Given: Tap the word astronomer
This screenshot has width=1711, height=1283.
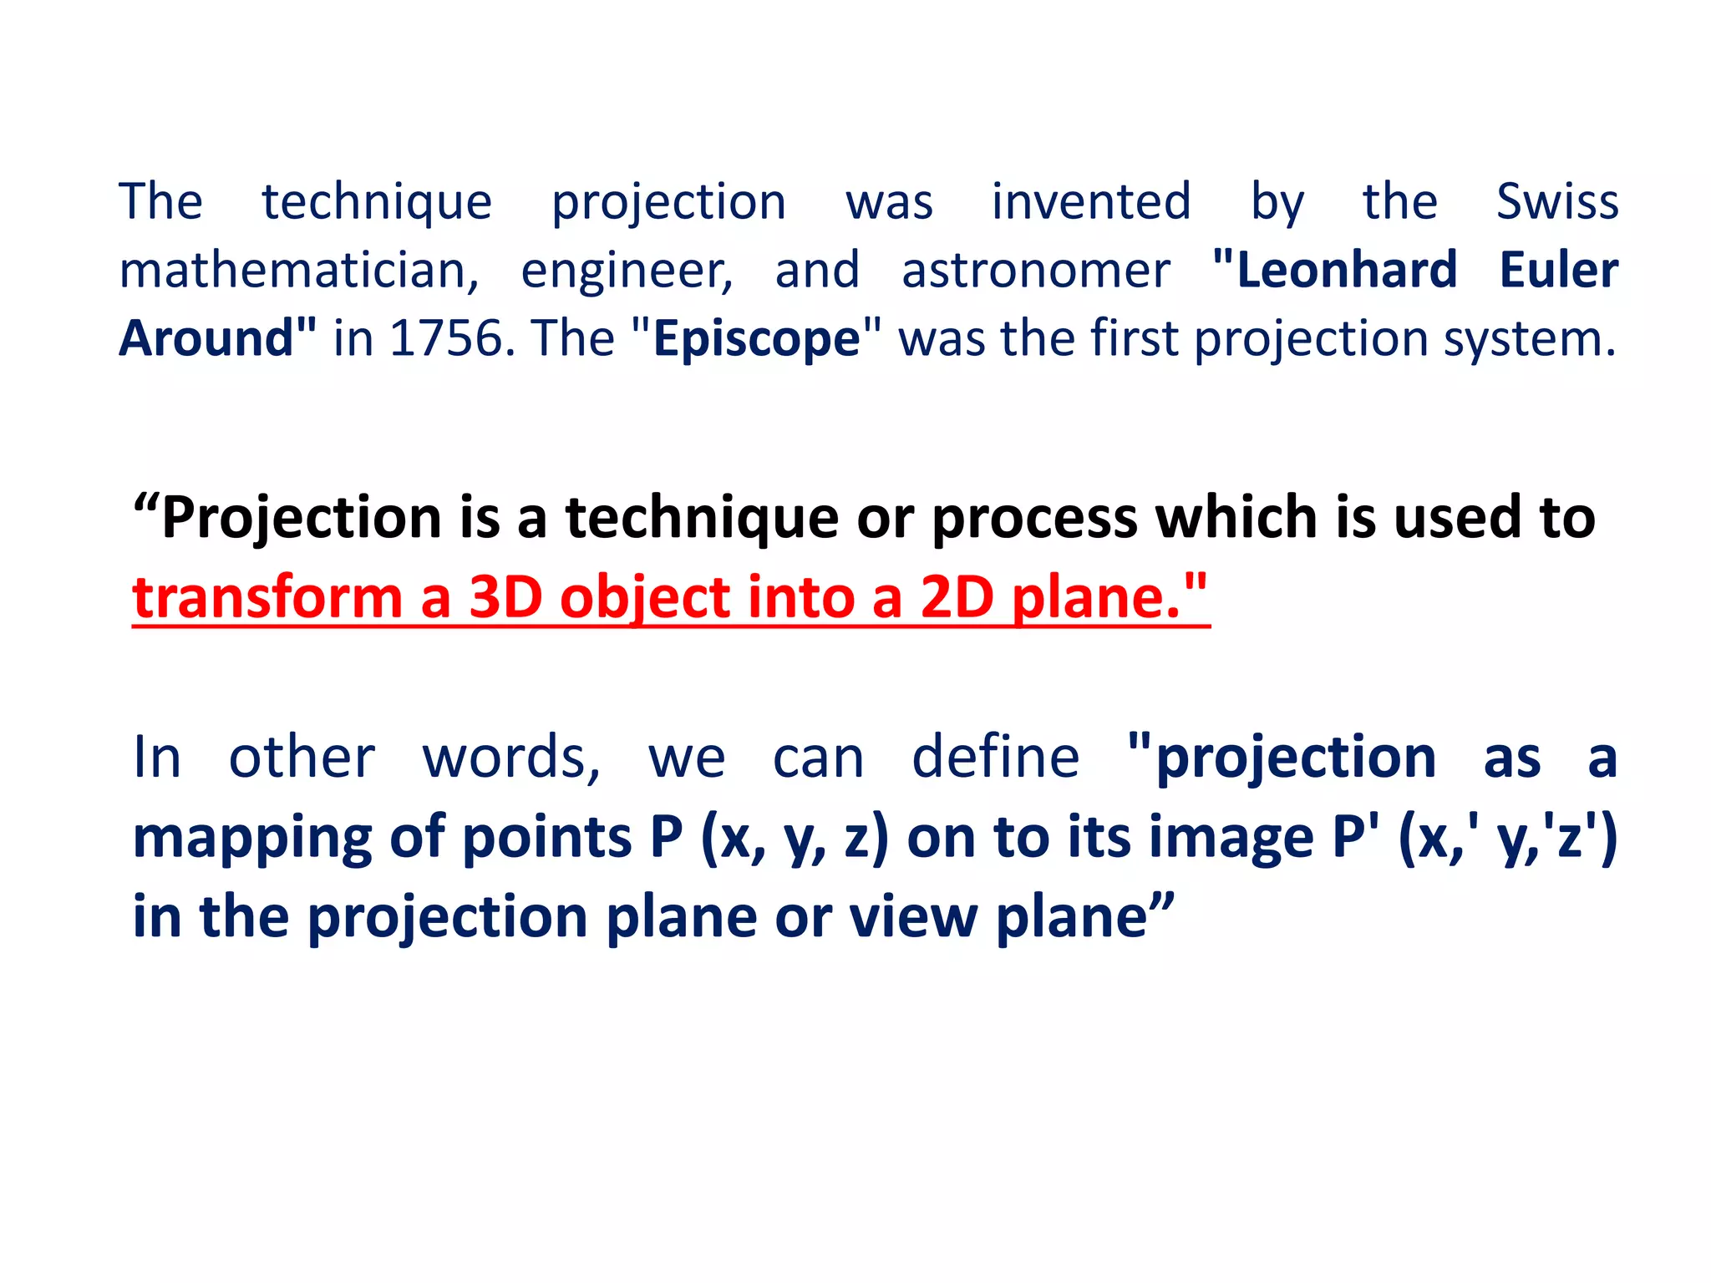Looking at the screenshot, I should [x=1036, y=271].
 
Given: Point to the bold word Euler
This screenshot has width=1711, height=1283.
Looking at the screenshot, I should [x=1559, y=271].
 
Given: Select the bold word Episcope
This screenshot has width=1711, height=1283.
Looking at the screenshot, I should [x=756, y=340].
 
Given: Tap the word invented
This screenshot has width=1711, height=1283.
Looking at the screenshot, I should [x=1091, y=202].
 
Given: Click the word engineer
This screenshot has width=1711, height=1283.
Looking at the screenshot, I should [x=627, y=272].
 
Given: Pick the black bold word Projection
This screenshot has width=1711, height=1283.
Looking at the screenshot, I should [x=302, y=519].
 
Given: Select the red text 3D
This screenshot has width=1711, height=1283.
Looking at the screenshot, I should [x=505, y=598].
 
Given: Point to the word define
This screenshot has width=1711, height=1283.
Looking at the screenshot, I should [x=995, y=758].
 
